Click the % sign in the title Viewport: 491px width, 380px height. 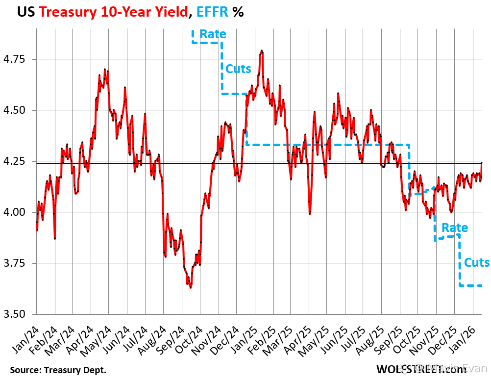[238, 12]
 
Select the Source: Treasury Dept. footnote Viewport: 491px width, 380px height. [58, 369]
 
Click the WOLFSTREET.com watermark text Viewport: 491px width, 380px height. [421, 369]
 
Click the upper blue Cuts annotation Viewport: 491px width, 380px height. [238, 69]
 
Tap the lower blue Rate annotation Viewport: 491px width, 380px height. [455, 228]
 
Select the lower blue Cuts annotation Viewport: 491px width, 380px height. [477, 262]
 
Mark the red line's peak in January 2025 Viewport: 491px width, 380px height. [262, 51]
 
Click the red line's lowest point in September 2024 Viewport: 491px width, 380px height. [190, 287]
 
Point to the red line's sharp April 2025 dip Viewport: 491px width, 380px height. [310, 214]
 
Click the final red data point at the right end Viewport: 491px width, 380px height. [482, 162]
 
